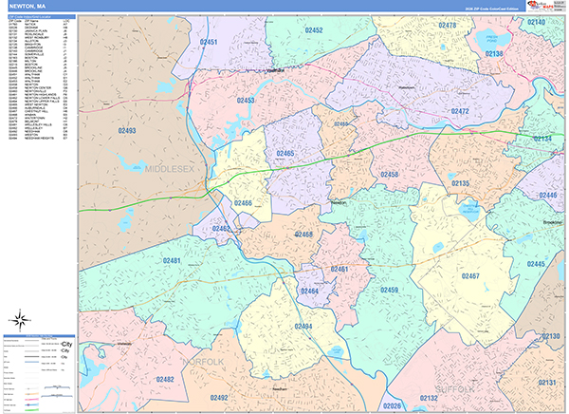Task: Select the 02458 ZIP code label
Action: click(389, 175)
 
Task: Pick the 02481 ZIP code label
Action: click(172, 260)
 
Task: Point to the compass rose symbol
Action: click(19, 319)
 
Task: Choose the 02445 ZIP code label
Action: click(536, 264)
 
